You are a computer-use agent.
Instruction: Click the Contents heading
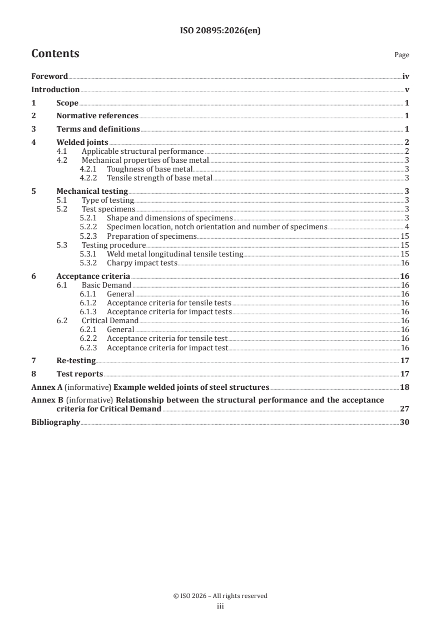55,54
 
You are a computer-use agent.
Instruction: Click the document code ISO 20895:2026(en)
220,31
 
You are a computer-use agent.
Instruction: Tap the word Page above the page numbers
402,56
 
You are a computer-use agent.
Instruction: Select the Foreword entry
49,77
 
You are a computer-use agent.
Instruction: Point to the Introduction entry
55,90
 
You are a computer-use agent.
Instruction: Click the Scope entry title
67,103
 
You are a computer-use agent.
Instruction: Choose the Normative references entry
97,116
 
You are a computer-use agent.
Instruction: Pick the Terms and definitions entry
98,129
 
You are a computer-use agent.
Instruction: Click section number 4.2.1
89,168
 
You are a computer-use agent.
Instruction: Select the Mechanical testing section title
92,191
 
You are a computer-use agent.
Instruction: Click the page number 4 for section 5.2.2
407,227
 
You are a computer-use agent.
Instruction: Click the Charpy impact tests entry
142,263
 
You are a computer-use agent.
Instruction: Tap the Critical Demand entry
110,320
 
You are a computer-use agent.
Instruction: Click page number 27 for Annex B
405,409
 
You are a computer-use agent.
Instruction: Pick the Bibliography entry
56,422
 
